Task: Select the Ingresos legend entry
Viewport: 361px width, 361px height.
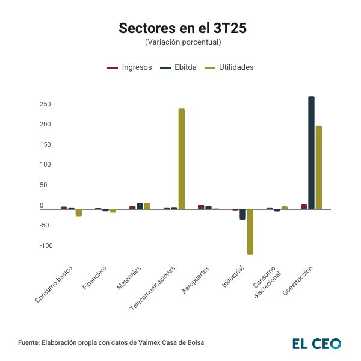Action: (129, 67)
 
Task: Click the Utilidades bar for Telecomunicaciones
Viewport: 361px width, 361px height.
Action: (182, 159)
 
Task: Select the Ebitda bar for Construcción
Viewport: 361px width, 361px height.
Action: (311, 153)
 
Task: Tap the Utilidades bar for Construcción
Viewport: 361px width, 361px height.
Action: (319, 167)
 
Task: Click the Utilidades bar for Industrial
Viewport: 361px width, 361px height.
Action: (250, 232)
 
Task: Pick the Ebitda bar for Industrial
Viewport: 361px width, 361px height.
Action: (242, 214)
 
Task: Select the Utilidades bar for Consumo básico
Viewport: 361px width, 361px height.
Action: (79, 212)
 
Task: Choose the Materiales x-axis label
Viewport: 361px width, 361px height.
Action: (129, 277)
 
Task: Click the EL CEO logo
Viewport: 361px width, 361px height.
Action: (316, 343)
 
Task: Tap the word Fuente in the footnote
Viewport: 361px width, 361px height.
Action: (29, 342)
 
